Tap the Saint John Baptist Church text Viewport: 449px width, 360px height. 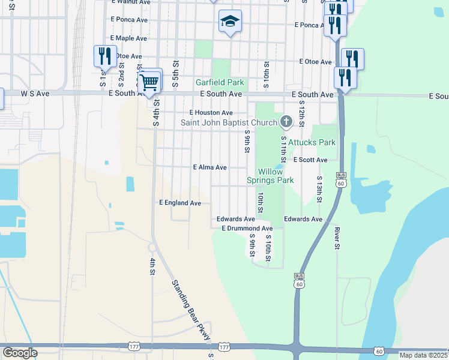click(x=229, y=123)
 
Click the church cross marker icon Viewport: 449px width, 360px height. click(x=286, y=122)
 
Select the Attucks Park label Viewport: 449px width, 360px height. click(x=312, y=142)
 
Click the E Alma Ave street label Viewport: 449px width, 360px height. click(x=209, y=167)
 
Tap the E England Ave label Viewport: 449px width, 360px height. click(x=180, y=203)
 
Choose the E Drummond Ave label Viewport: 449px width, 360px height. click(x=247, y=229)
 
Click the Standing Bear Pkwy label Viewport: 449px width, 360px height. click(x=191, y=310)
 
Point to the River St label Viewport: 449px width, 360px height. click(x=337, y=238)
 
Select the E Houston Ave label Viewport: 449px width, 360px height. click(x=211, y=112)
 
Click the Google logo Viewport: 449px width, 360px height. click(x=20, y=353)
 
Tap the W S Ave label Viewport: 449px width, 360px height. click(x=35, y=94)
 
